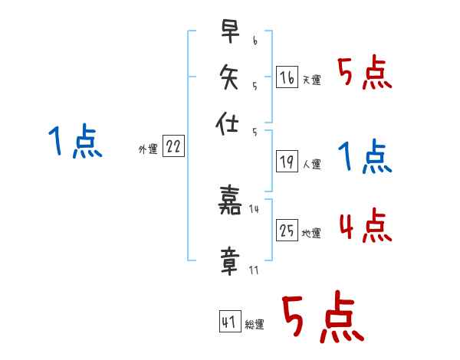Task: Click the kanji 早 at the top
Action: (x=230, y=33)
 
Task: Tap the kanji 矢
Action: (x=230, y=77)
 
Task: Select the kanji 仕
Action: (x=230, y=123)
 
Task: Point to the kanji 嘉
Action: (x=230, y=201)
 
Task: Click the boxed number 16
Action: (x=287, y=77)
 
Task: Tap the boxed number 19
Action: (x=287, y=162)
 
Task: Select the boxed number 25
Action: (x=287, y=231)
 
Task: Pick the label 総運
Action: (x=255, y=325)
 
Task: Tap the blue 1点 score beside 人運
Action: (x=364, y=158)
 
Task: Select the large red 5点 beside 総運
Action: (x=322, y=319)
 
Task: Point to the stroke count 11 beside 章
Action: (x=254, y=270)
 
